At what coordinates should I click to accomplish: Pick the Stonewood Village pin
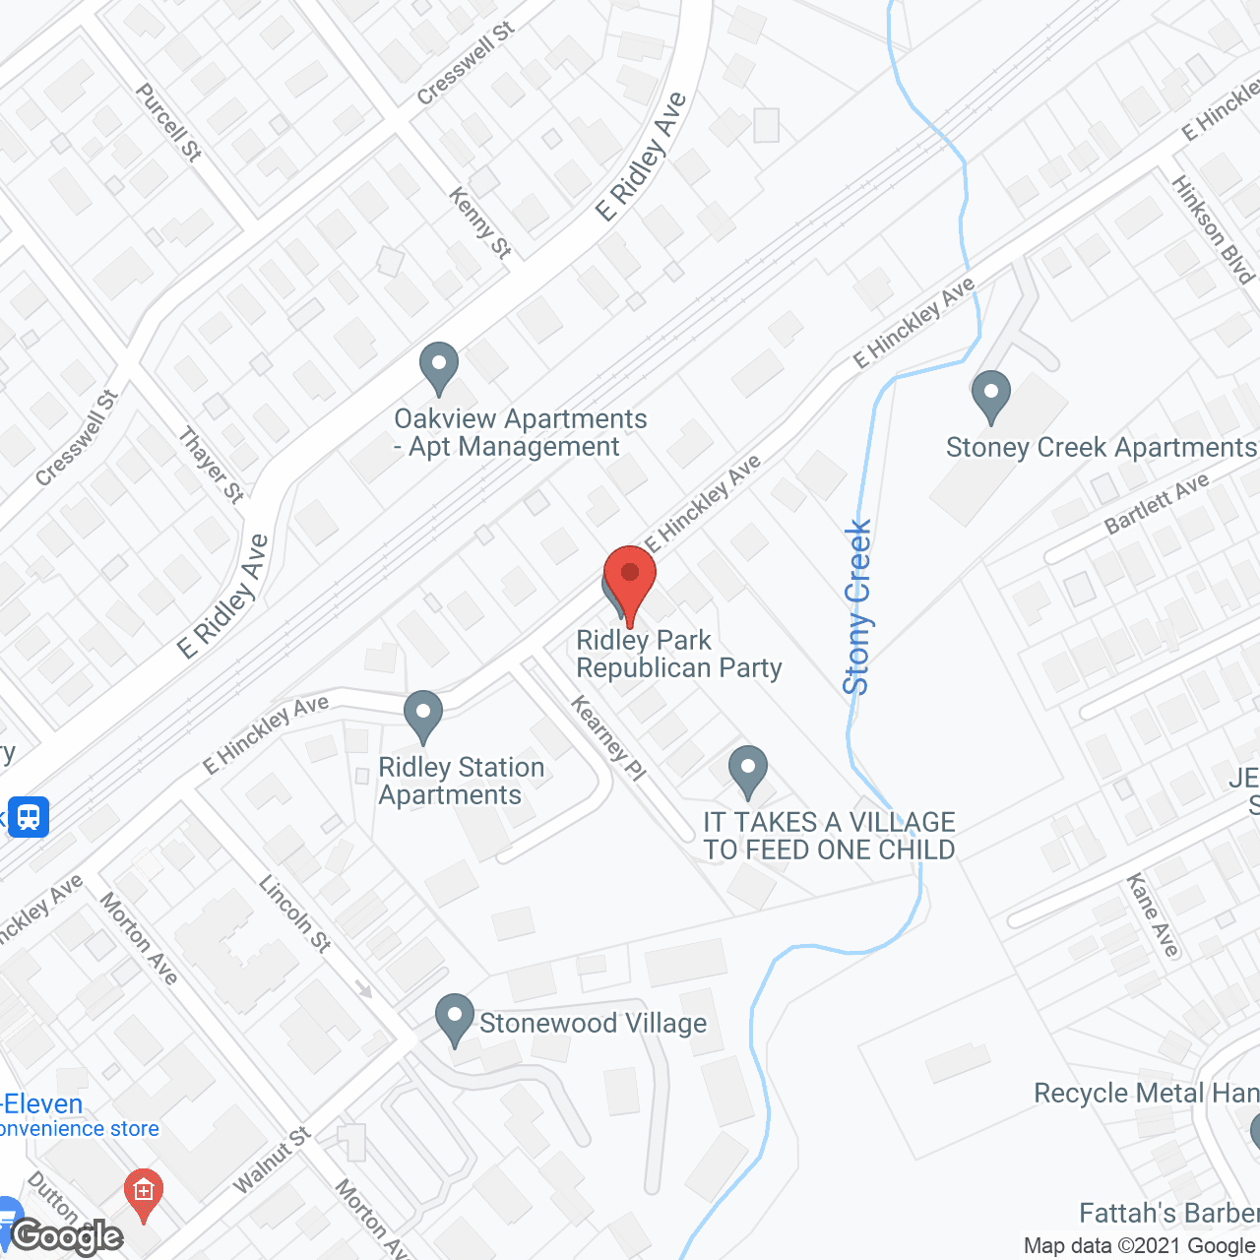coord(455,1020)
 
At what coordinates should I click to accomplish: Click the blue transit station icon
coord(29,817)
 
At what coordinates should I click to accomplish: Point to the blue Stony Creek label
coord(857,607)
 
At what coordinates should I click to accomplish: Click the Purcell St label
coord(168,122)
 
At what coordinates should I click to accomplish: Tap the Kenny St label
coord(480,223)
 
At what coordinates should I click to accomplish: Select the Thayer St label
coord(212,464)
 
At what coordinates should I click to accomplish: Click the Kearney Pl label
coord(608,738)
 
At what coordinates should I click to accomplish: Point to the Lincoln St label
coord(294,913)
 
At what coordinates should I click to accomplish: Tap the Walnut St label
coord(272,1161)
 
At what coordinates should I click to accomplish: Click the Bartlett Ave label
coord(1157,504)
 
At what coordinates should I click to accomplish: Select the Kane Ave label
coord(1153,914)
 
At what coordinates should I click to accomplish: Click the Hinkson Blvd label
coord(1212,229)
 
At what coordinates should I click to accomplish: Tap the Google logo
coord(67,1236)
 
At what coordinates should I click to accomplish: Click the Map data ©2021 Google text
coord(1140,1246)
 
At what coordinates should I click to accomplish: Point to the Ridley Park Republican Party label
coord(679,655)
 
